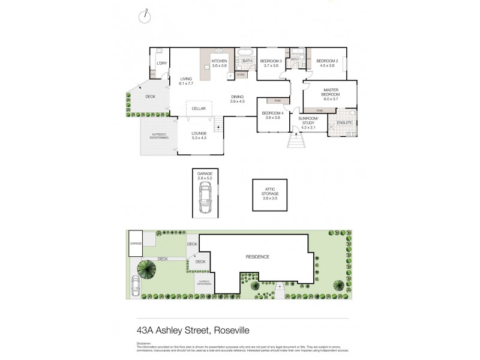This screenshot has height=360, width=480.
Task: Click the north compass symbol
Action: coord(145,17)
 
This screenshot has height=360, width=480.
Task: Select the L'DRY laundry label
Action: coord(161,63)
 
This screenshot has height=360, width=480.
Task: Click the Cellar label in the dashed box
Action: coord(199,109)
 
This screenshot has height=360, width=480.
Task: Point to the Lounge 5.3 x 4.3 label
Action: coord(199,136)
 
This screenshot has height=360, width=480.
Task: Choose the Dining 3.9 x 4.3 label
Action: coord(238,99)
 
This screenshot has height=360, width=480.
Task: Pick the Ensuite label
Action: coord(344,123)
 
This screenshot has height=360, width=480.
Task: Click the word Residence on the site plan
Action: coord(257,257)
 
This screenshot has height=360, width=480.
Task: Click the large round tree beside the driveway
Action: coord(147,269)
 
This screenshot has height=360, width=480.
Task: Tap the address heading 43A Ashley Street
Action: coord(193,330)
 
